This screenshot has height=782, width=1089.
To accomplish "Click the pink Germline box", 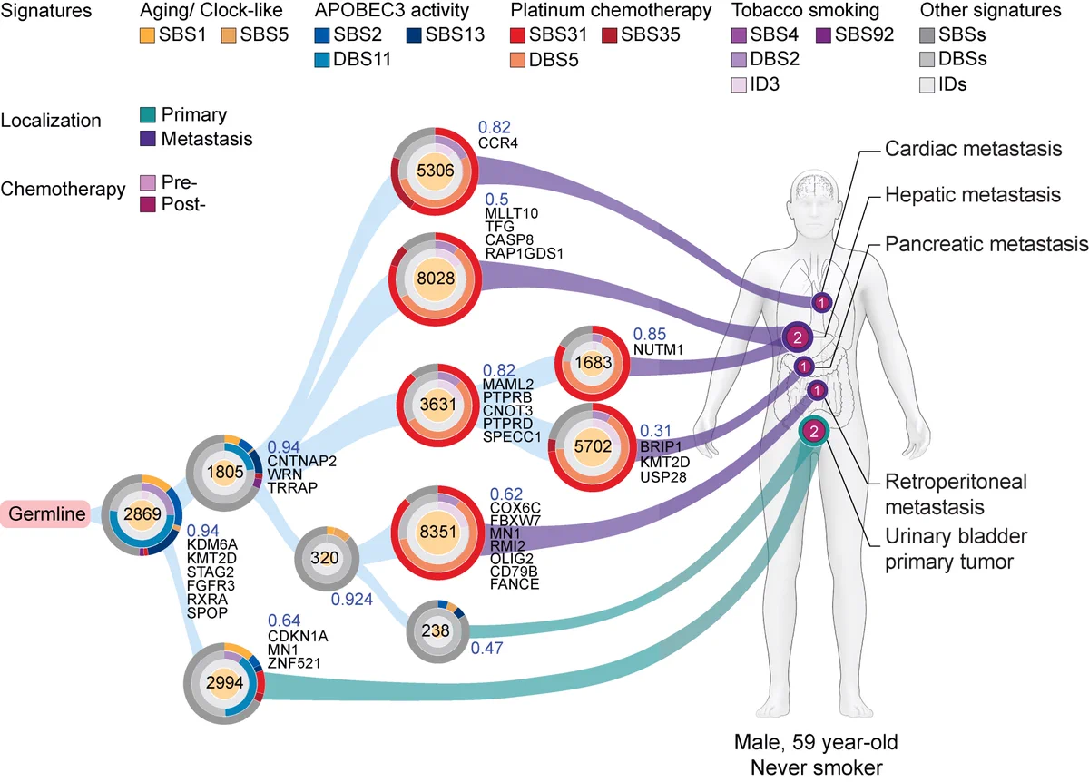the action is click(x=45, y=513).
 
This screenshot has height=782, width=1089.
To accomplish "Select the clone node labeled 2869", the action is click(x=142, y=514).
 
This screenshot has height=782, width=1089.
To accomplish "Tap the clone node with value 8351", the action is click(x=438, y=533).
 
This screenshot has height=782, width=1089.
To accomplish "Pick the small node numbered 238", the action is click(x=437, y=630).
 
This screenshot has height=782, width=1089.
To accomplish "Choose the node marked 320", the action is click(x=327, y=559).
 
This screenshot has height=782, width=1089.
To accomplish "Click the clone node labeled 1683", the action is click(x=592, y=363).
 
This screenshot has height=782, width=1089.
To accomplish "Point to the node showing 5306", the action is click(x=435, y=171).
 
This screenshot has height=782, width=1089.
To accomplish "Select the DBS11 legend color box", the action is click(x=322, y=60).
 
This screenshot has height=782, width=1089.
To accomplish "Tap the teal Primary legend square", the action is click(x=148, y=114).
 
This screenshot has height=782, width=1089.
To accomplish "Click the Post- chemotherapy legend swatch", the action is click(x=148, y=204).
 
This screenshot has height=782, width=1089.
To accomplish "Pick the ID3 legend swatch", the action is click(x=739, y=84).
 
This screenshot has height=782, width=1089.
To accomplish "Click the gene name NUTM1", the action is click(x=658, y=349).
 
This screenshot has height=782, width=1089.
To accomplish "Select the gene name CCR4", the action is click(x=498, y=143).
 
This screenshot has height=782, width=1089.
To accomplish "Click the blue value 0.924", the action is click(x=351, y=600).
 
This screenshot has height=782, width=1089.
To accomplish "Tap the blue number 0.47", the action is click(x=486, y=648).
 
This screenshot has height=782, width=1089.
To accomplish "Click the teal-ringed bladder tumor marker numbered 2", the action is click(x=814, y=431).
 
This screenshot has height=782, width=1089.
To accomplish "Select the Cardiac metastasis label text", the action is click(x=973, y=149).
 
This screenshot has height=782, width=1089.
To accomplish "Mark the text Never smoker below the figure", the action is click(x=816, y=767).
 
